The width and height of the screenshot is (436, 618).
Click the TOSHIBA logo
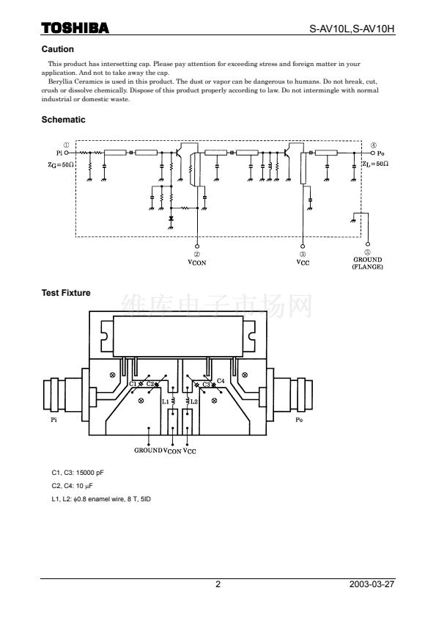pos(75,28)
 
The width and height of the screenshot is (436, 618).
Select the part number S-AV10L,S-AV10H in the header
pos(352,29)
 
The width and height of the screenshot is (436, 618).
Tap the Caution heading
pos(57,49)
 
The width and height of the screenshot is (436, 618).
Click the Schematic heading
pos(63,120)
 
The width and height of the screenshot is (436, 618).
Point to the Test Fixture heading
pos(66,293)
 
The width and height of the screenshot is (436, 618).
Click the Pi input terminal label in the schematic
pos(59,153)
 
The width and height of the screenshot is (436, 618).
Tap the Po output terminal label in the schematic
pos(380,153)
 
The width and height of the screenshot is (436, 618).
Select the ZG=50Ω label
pos(61,164)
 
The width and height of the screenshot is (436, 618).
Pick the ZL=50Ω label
pos(375,164)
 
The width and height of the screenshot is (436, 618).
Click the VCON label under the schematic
pos(197,263)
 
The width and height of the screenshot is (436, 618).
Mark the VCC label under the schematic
pos(303,263)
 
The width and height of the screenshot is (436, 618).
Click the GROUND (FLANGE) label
pos(368,263)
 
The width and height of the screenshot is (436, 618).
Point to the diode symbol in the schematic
pos(171,218)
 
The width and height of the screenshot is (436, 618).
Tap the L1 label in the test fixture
pos(166,401)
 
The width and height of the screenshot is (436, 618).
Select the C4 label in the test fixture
pos(221,381)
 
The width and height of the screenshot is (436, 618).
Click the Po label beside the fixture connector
pos(299,420)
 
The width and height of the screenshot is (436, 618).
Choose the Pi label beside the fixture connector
pos(54,420)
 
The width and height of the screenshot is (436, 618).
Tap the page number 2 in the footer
pos(218,584)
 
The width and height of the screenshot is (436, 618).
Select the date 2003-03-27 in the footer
pos(372,584)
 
